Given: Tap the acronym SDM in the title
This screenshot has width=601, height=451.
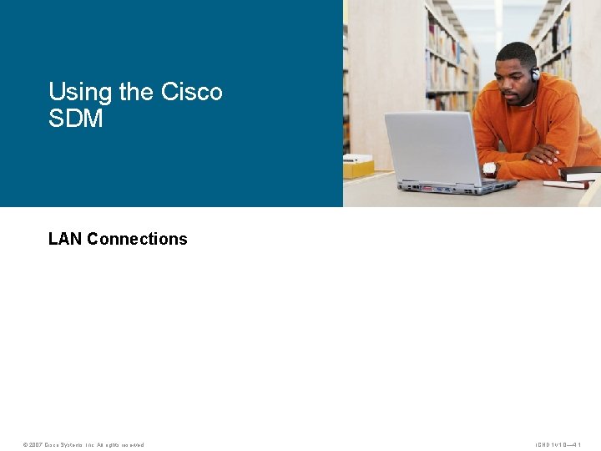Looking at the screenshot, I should pos(76,119).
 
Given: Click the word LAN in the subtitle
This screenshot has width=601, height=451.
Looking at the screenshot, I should pos(65,239).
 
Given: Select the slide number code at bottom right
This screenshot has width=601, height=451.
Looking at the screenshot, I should pos(563,444).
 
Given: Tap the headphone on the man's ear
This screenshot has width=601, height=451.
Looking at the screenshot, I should pos(534,73).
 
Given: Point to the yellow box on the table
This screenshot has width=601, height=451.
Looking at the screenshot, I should pos(358,168).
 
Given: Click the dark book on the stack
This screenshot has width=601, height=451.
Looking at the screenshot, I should pos(579,173).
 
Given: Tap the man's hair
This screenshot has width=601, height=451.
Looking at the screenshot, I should pos(516,52).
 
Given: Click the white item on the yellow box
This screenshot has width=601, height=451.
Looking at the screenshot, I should pos(358,158).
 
